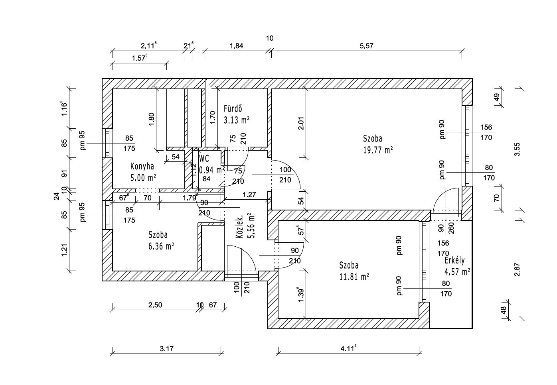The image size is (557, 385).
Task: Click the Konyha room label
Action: click(x=142, y=166)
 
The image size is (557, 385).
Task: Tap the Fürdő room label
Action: click(x=233, y=108)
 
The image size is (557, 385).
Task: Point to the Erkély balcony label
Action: click(x=455, y=261)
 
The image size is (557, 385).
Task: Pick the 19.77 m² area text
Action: click(x=378, y=149)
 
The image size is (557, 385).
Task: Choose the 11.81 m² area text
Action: click(x=354, y=276)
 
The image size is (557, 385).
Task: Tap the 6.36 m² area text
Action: click(x=161, y=246)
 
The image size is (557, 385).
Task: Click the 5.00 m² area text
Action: click(x=143, y=177)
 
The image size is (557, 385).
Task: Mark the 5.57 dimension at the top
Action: click(x=366, y=46)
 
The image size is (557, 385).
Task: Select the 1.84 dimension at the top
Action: click(x=236, y=46)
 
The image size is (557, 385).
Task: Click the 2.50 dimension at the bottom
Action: click(x=155, y=305)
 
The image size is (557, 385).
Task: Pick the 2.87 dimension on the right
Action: click(x=517, y=269)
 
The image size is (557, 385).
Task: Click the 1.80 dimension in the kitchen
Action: click(x=151, y=119)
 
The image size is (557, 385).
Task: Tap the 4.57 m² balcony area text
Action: click(x=457, y=272)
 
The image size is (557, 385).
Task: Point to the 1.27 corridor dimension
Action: click(x=249, y=195)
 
